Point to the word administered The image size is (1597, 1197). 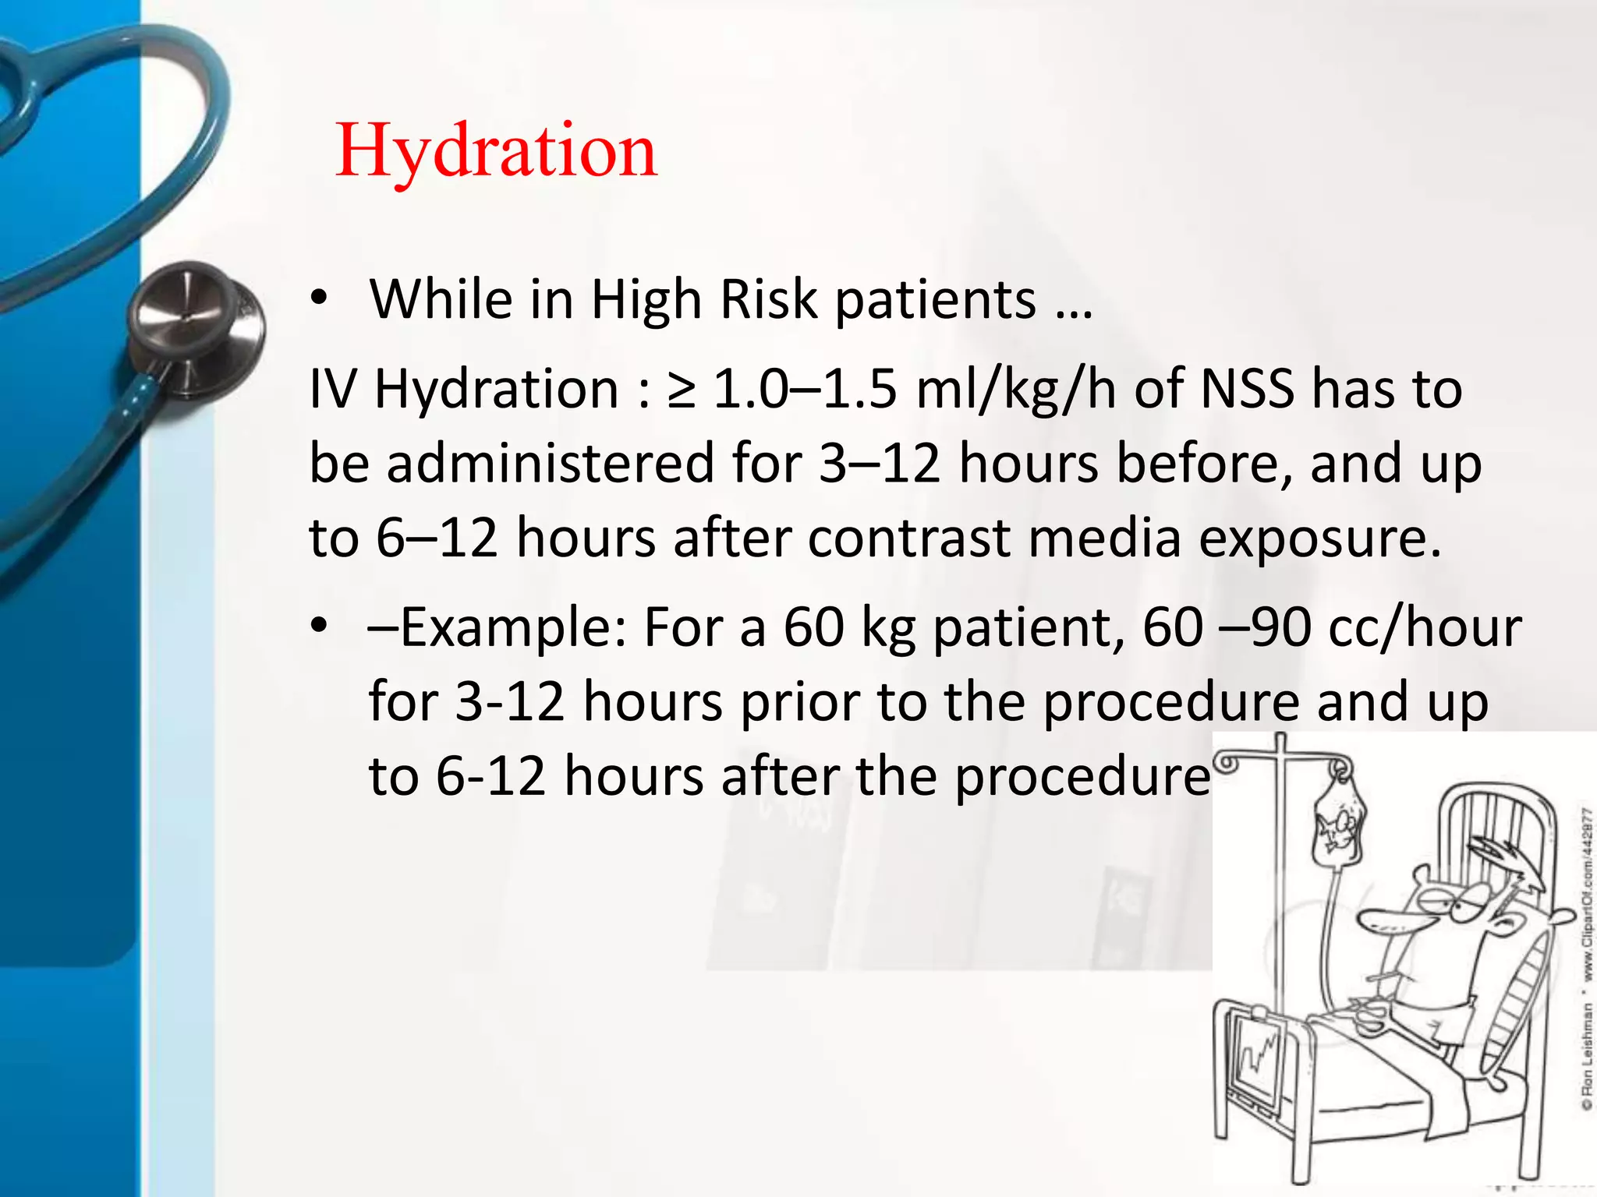(x=550, y=463)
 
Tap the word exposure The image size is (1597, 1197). (x=1319, y=539)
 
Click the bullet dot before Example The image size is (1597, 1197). (x=318, y=627)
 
